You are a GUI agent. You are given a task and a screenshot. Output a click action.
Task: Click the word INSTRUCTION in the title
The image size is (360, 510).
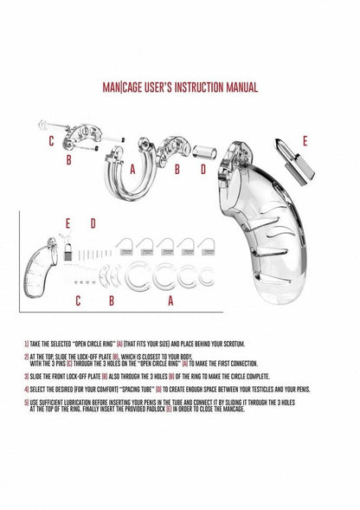[x=195, y=87]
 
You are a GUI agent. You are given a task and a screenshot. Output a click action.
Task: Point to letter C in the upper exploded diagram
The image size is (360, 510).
[x=51, y=140]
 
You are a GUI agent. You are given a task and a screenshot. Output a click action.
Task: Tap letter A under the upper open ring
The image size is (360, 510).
[x=132, y=170]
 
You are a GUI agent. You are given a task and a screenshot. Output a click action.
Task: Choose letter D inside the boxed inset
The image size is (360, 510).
[x=93, y=223]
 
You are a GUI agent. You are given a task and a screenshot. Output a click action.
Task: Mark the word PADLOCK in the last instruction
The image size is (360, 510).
[x=215, y=410]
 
